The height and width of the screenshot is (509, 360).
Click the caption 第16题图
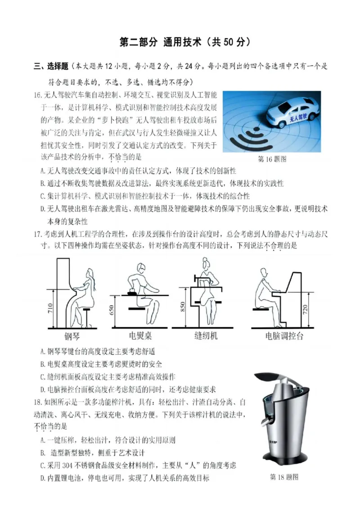point(272,159)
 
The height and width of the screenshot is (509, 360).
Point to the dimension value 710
point(50,308)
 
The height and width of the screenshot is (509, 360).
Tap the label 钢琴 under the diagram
point(72,336)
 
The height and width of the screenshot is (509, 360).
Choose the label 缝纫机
point(206,336)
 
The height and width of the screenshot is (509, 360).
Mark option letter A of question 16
point(42,171)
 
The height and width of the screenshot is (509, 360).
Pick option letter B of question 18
point(42,452)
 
